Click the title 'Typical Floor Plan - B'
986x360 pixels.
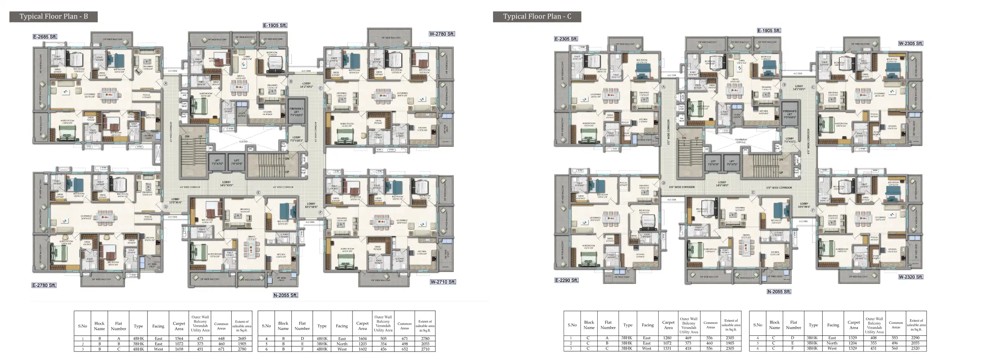click(54, 16)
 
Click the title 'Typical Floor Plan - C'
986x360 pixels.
click(537, 16)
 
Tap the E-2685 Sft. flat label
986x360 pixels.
click(45, 37)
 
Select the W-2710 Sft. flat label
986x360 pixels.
click(443, 282)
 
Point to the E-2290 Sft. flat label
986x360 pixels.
click(566, 280)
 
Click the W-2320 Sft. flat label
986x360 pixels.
click(911, 277)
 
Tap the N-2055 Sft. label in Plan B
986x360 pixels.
click(285, 295)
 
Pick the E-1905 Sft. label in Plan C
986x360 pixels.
click(769, 31)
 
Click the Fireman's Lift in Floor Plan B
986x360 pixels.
click(296, 112)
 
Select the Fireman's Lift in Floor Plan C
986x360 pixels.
click(790, 114)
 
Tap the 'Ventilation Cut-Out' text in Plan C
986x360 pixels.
click(741, 141)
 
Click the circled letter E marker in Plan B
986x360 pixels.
click(258, 193)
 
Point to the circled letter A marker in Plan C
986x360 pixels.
click(664, 87)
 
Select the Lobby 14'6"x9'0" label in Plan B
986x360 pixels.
click(226, 184)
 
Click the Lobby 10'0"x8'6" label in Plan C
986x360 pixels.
click(804, 205)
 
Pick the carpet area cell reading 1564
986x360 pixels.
click(179, 339)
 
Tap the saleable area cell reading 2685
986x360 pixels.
click(242, 339)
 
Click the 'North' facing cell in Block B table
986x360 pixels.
click(342, 344)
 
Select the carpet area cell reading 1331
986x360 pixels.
click(668, 348)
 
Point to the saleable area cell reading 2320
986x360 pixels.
click(916, 348)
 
